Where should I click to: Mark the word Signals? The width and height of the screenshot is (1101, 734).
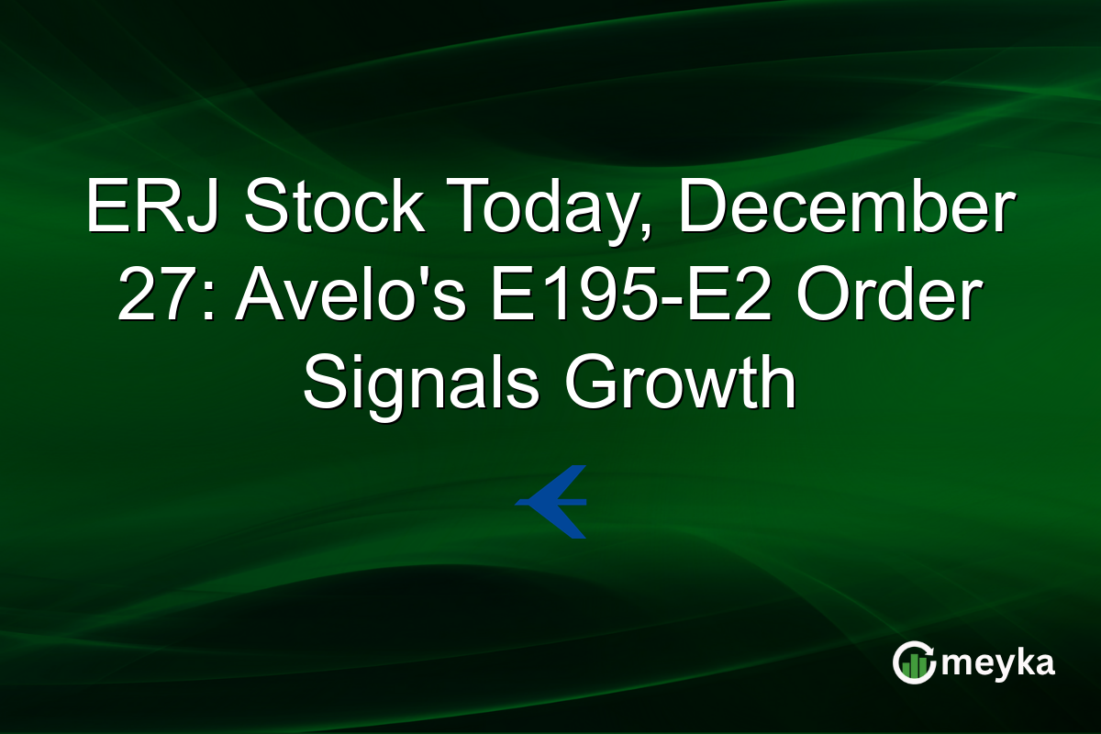(x=421, y=385)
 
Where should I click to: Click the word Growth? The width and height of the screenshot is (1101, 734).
(x=680, y=385)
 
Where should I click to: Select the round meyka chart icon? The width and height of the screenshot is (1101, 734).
(x=914, y=663)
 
